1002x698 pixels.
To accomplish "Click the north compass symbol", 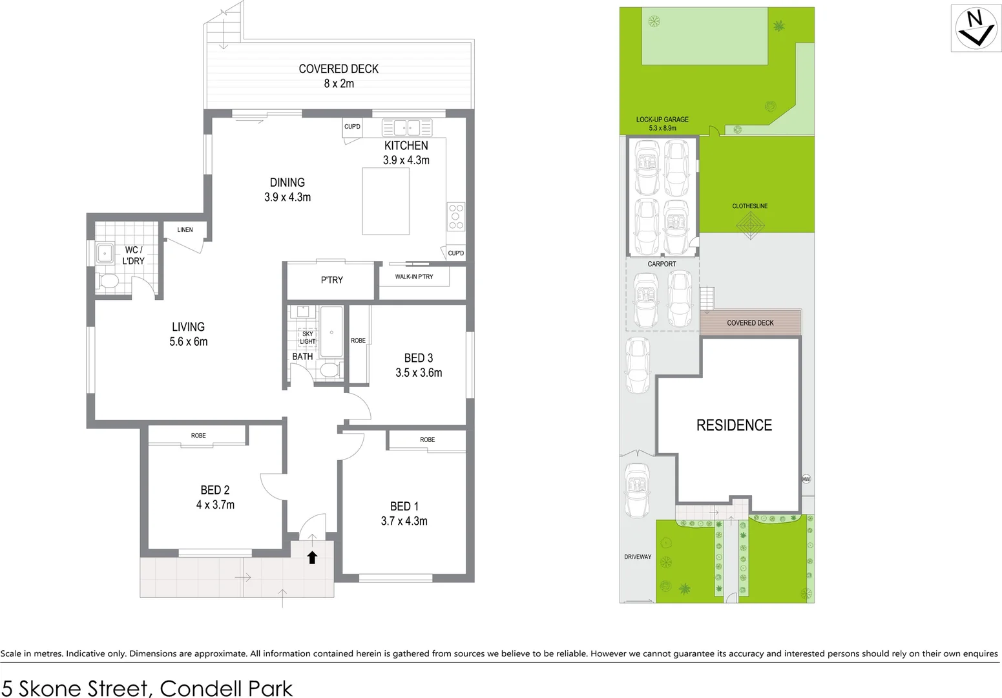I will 976,28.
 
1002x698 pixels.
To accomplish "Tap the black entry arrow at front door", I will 312,557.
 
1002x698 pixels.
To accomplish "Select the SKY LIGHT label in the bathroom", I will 308,338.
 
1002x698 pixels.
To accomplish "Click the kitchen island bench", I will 386,201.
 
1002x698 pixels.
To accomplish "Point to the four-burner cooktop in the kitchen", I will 455,217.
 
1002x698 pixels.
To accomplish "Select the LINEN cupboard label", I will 185,229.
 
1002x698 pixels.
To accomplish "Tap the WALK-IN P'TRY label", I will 414,277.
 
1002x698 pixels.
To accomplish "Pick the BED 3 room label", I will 418,358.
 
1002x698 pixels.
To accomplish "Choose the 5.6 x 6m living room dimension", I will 188,342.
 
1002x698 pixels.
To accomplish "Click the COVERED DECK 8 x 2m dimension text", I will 339,83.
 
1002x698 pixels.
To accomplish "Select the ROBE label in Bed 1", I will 427,439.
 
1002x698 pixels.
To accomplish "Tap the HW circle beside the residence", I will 806,479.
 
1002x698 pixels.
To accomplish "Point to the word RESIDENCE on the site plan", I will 734,425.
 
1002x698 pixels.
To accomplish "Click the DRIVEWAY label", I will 638,556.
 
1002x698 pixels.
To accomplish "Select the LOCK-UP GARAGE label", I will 662,120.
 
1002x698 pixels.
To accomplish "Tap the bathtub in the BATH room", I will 331,332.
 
